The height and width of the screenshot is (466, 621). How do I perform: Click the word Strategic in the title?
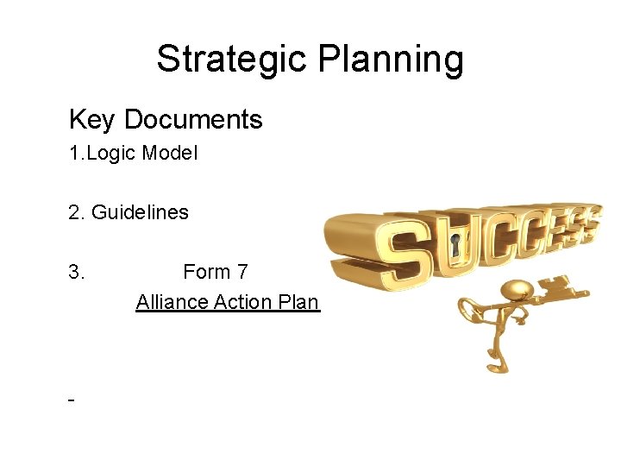click(x=233, y=60)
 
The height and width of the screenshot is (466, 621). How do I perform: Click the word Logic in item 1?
click(x=111, y=154)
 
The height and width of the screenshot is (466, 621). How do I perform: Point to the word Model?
click(x=170, y=154)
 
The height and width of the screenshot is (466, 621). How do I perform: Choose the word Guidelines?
click(x=140, y=212)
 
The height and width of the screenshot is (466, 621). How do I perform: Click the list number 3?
click(x=76, y=272)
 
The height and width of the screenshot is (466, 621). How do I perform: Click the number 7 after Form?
click(x=242, y=272)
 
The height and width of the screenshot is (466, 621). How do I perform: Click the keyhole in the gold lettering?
click(x=456, y=249)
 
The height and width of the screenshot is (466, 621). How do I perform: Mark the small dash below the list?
click(x=71, y=401)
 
